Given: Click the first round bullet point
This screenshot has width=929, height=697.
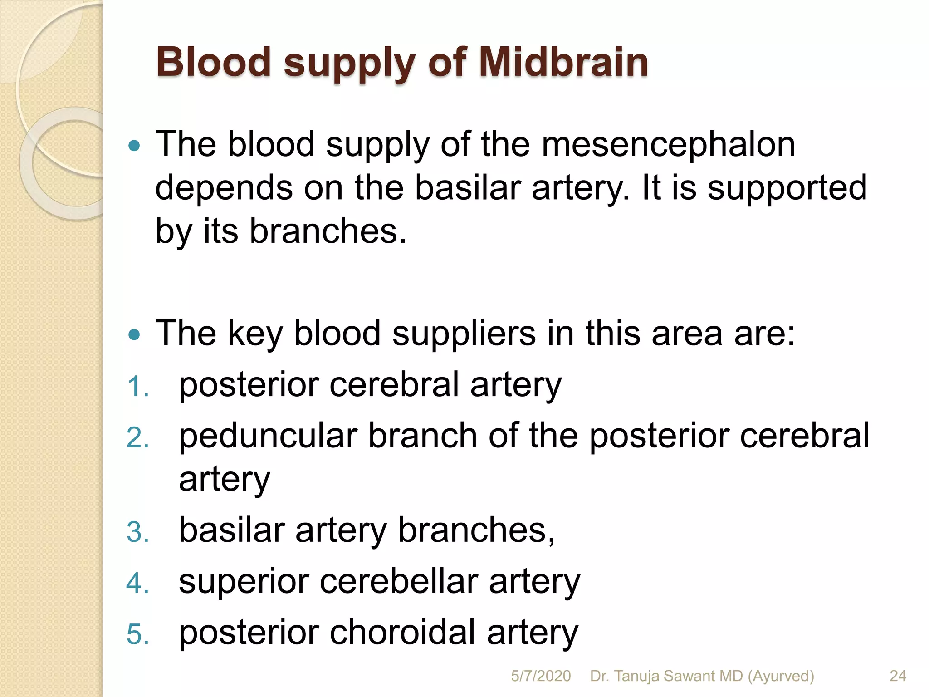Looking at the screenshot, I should pos(134,146).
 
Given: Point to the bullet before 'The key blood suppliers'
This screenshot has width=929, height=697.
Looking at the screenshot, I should pos(134,335).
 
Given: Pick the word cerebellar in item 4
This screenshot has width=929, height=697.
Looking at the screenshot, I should pos(399,581).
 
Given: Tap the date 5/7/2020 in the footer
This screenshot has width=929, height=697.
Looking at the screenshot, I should pos(541,676).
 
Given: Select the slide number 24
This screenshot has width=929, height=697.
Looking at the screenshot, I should pos(898,676).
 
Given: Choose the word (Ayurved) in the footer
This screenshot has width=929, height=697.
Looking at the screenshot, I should pos(781,676).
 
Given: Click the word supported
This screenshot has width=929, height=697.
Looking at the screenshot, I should pos(787,188).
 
